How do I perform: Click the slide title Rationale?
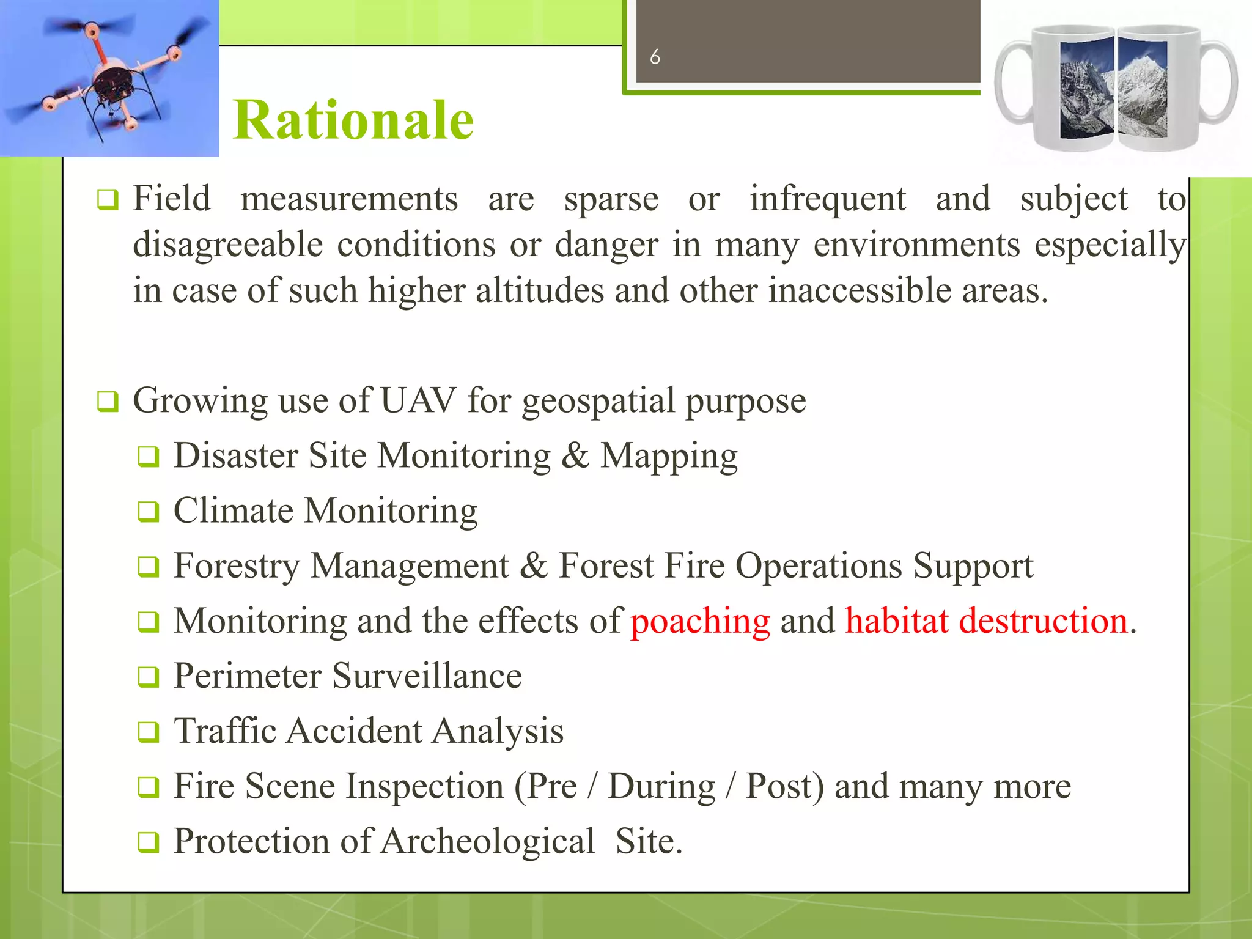tap(353, 120)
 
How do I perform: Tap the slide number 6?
tap(655, 57)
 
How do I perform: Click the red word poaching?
tap(700, 621)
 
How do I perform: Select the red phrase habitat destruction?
tap(986, 621)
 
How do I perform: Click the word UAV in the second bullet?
tap(418, 401)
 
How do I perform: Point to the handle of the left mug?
tap(1012, 83)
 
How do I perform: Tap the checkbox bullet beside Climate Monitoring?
tap(148, 512)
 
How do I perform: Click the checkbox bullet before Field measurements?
tap(108, 200)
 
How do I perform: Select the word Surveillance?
tap(427, 676)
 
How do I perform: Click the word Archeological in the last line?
tap(487, 841)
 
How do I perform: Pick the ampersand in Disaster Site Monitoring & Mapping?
tap(574, 456)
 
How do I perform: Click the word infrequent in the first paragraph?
tap(828, 199)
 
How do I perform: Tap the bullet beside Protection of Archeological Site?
tap(148, 842)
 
